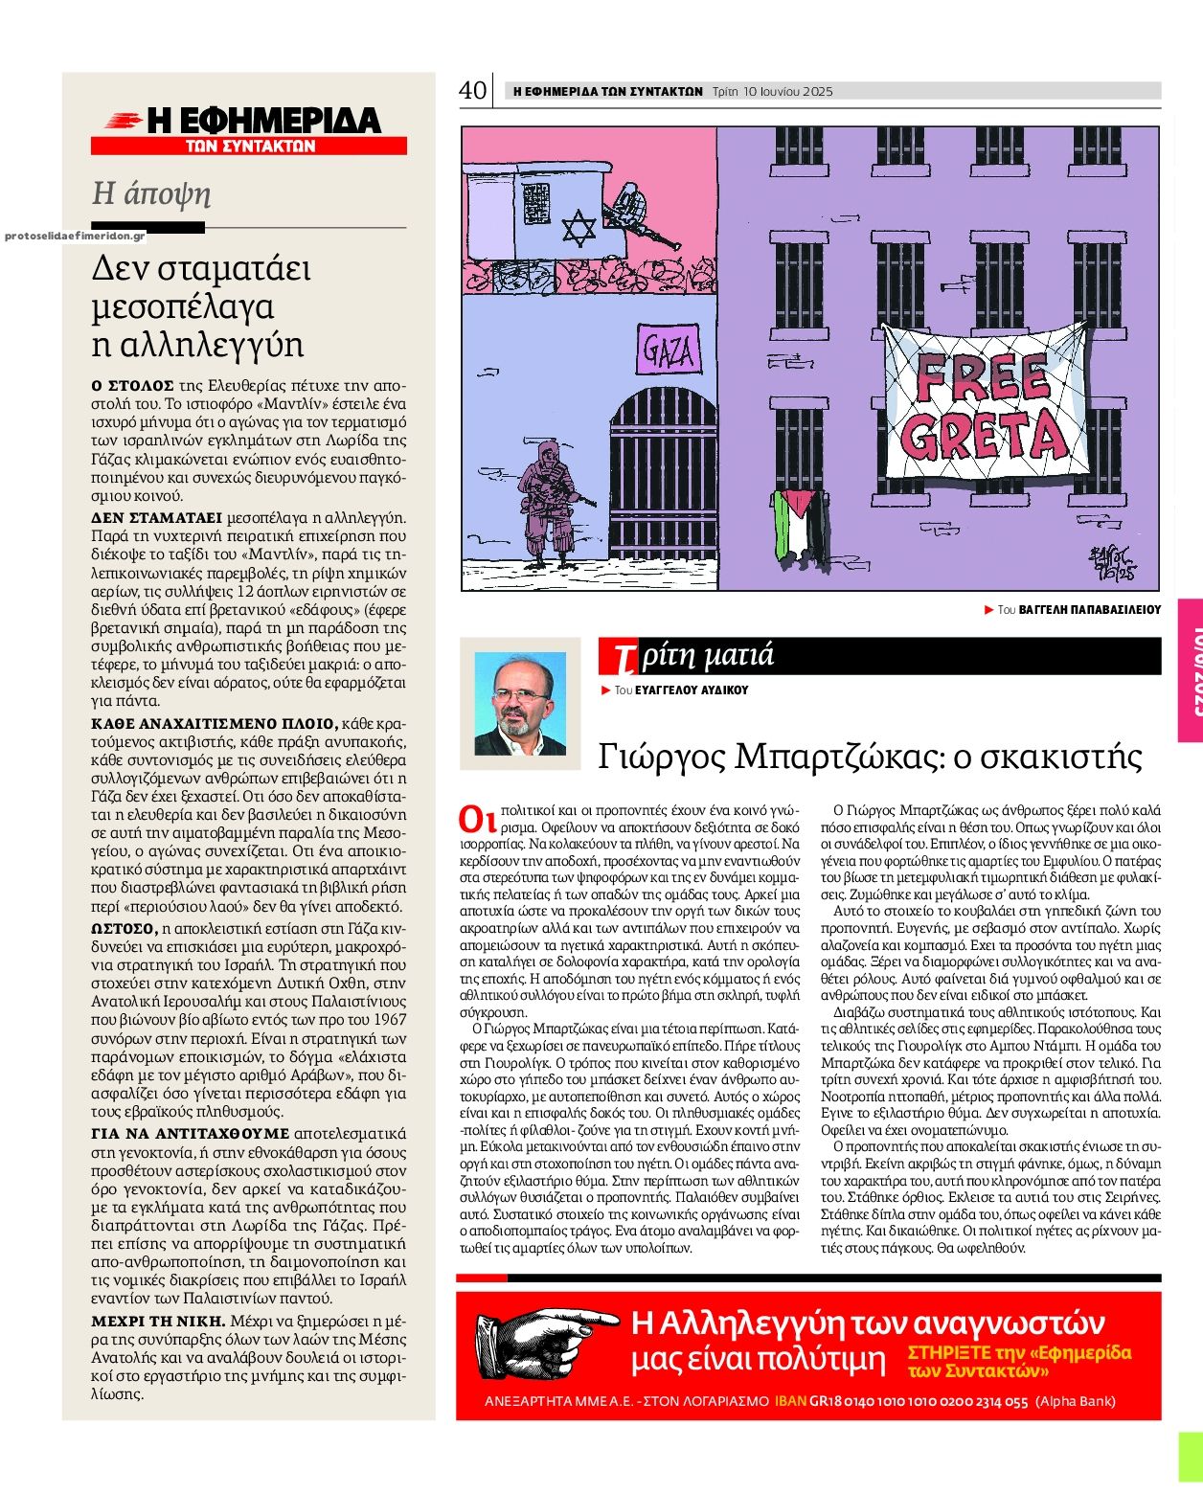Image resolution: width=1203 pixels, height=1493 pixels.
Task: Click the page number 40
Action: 472,90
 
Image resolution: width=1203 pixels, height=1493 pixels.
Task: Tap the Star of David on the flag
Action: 579,229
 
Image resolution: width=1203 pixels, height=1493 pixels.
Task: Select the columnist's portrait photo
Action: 520,704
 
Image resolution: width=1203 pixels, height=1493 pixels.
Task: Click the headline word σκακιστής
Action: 1081,757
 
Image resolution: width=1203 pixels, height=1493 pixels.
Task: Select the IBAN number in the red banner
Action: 919,1401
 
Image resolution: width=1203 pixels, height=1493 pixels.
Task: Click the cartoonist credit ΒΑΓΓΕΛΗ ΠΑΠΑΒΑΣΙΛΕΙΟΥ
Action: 1089,609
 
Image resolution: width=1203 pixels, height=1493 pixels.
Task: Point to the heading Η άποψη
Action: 150,193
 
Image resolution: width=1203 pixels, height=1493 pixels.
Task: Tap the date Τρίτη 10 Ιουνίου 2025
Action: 772,92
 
